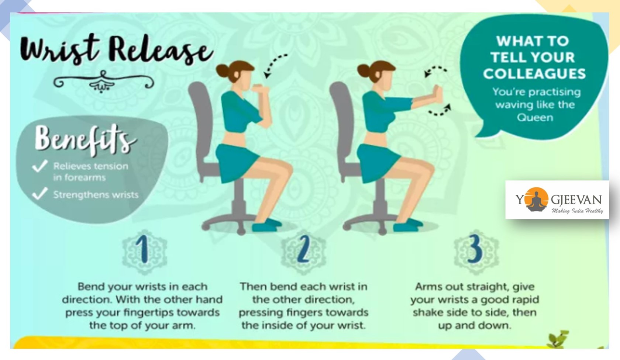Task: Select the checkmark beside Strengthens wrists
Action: coord(40,193)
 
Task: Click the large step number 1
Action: coord(143,249)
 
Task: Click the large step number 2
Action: coord(304,249)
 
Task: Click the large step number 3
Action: coord(475,249)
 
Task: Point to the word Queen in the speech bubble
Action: coord(535,118)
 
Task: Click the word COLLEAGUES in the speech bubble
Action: coord(534,74)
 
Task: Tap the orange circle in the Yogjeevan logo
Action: coord(537,199)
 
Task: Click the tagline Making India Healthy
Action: coord(577,211)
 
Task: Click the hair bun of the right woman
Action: coord(364,70)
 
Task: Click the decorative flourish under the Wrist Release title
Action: coord(103,82)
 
